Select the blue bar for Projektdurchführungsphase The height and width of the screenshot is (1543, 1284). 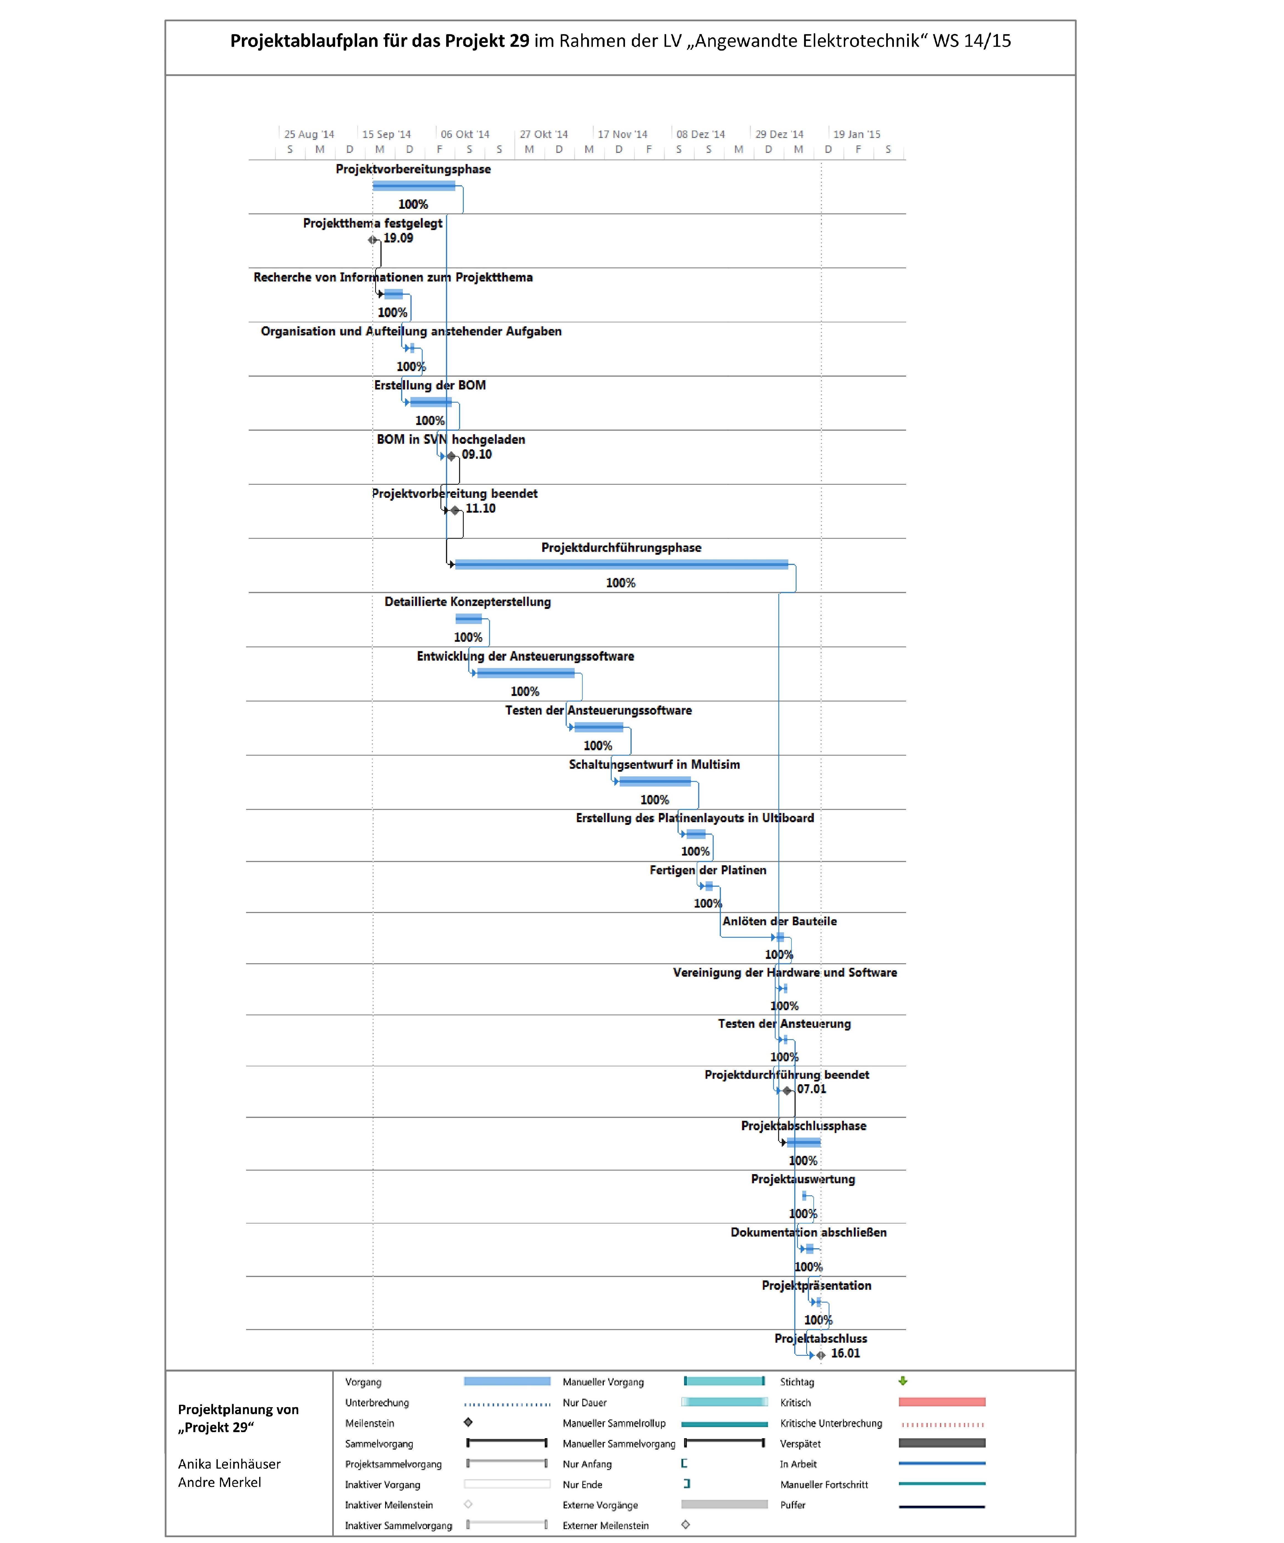coord(621,564)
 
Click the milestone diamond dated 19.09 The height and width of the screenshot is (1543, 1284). coord(373,239)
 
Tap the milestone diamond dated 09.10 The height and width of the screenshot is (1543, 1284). coord(451,456)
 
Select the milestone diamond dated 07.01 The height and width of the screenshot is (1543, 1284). coord(787,1090)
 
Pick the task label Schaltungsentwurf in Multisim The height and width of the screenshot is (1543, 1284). coord(654,764)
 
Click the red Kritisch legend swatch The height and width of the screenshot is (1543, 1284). coord(941,1402)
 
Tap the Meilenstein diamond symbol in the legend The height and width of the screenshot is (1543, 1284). coord(468,1422)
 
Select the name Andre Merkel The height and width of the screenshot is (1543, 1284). coord(219,1482)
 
